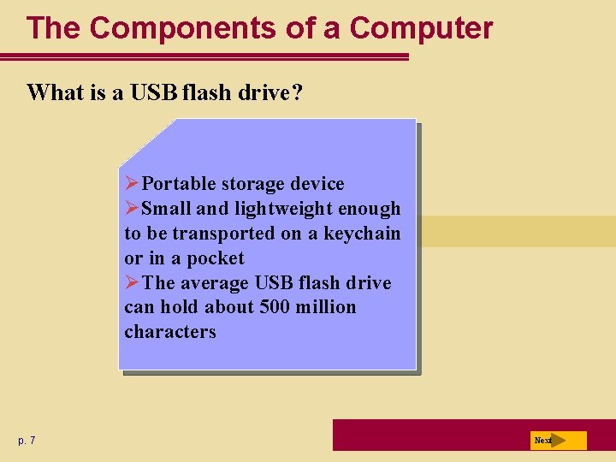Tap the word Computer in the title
click(x=421, y=28)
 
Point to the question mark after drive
click(x=296, y=92)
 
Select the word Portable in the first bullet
click(x=179, y=184)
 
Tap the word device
click(x=317, y=184)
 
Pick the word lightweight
click(x=275, y=209)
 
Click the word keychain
click(x=362, y=234)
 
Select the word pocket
click(x=216, y=258)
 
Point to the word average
click(x=214, y=282)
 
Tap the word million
click(x=325, y=307)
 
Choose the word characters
click(x=170, y=332)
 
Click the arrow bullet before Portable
click(x=132, y=184)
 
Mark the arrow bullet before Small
click(x=132, y=209)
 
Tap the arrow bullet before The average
click(x=132, y=282)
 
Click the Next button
click(x=557, y=441)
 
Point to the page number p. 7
click(x=27, y=441)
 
